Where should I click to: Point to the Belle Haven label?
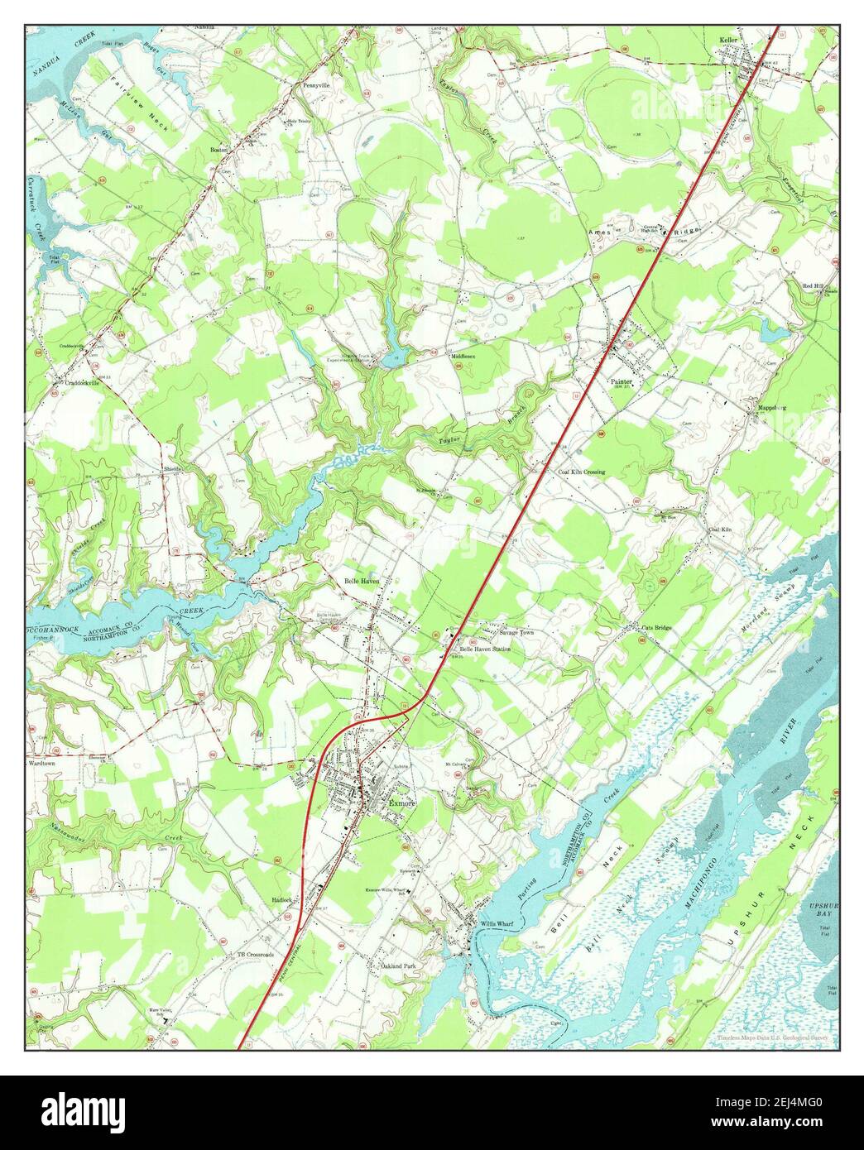(x=362, y=582)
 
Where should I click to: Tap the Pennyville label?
(x=316, y=85)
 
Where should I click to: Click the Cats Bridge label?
(x=658, y=627)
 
